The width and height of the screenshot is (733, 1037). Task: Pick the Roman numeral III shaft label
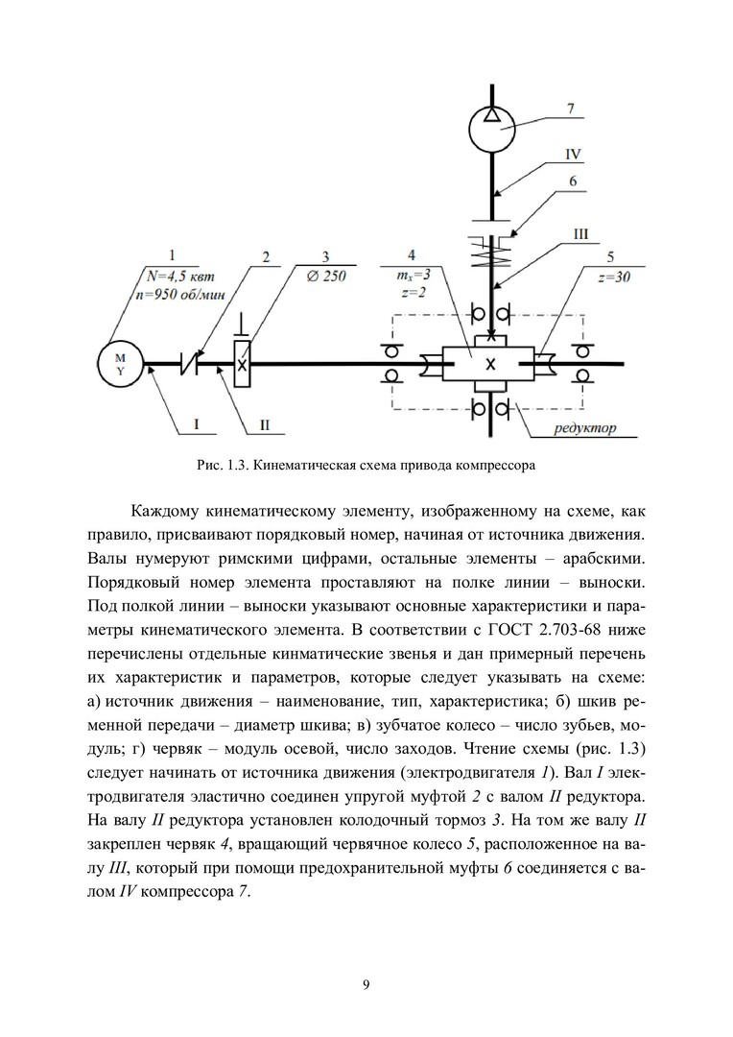(579, 232)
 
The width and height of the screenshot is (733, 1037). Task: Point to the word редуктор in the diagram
(587, 428)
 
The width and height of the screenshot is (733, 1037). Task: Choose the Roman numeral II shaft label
(266, 423)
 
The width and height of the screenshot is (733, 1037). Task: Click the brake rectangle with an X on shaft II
(242, 364)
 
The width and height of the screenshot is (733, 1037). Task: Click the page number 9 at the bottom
(366, 984)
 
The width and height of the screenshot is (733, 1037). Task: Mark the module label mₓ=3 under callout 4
(411, 276)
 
